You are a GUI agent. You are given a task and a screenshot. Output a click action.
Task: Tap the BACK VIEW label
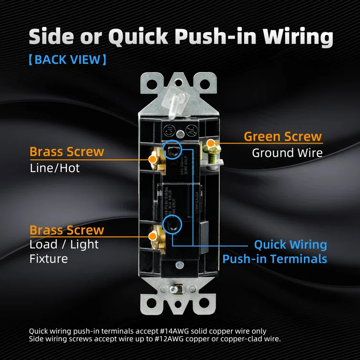[x=67, y=60]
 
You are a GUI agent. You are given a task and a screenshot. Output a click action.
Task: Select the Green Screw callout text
[x=283, y=136]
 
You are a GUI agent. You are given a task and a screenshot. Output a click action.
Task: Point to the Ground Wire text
[x=287, y=153]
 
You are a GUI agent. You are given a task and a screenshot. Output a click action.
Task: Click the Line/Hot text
[x=55, y=168]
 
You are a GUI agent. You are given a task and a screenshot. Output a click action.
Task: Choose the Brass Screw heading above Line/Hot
[x=67, y=152]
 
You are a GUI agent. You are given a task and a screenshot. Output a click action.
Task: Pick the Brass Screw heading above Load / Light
[x=67, y=230]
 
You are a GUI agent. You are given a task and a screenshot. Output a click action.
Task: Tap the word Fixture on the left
[x=49, y=259]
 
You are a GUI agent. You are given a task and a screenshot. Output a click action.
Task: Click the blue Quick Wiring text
[x=290, y=245]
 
